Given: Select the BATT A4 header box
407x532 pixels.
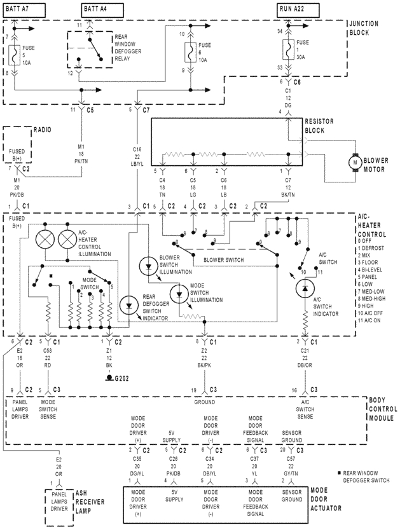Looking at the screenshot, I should click(100, 8).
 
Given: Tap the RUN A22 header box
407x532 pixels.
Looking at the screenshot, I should click(294, 8).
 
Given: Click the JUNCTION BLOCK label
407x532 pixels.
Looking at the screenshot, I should click(364, 27).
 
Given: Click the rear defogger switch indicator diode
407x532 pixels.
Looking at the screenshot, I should click(130, 304).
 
